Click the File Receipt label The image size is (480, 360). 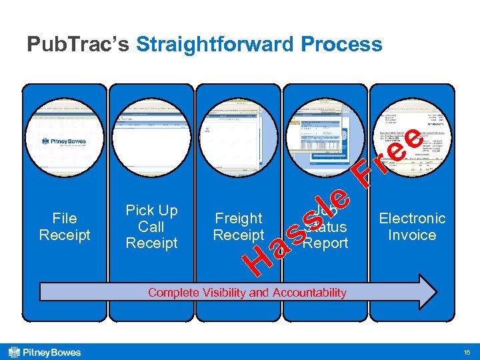pyautogui.click(x=65, y=227)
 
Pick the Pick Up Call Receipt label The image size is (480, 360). pyautogui.click(x=151, y=227)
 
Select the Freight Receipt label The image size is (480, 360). pyautogui.click(x=239, y=227)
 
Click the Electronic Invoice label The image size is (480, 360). pyautogui.click(x=412, y=227)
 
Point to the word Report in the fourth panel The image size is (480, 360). pyautogui.click(x=326, y=243)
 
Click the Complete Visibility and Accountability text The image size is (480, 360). pyautogui.click(x=247, y=293)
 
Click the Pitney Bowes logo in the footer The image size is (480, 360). pyautogui.click(x=44, y=352)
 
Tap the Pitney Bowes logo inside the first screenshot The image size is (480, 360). pyautogui.click(x=65, y=141)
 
